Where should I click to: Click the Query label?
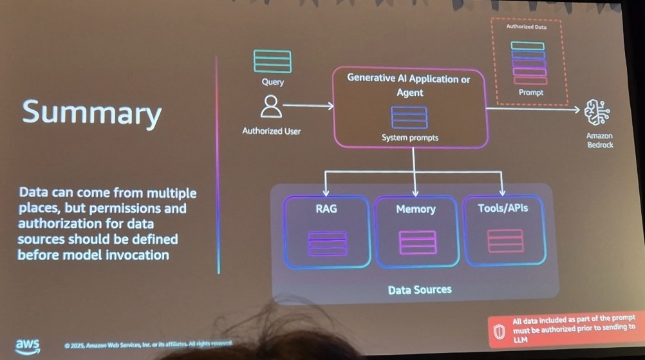click(272, 82)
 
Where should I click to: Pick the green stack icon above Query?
click(272, 61)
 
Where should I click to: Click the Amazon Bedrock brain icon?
click(597, 113)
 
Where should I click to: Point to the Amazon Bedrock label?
click(599, 140)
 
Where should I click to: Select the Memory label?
click(416, 209)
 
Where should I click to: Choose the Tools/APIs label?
click(503, 208)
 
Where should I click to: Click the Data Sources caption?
click(420, 290)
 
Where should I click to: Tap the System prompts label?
click(409, 138)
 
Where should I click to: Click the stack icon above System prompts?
click(409, 117)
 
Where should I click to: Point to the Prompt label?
click(530, 93)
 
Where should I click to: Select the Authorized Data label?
click(527, 27)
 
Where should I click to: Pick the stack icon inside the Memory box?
click(418, 242)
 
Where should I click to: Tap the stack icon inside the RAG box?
click(328, 243)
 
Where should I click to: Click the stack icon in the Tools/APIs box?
click(505, 240)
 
